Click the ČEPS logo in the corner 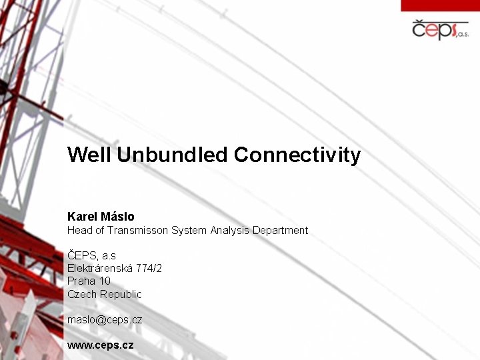point(439,31)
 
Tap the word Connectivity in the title point(297,155)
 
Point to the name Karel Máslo point(101,217)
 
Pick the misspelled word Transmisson point(136,231)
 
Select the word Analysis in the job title point(230,231)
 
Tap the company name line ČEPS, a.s point(91,255)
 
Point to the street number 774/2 point(149,268)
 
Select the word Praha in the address point(81,281)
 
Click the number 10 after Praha point(105,281)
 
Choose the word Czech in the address point(82,294)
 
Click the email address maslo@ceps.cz point(105,320)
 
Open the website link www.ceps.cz point(101,345)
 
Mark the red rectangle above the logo point(440,5)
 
